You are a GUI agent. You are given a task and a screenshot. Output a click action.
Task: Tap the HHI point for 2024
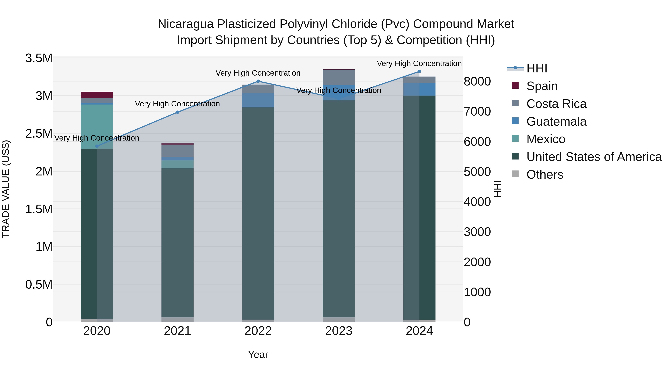point(419,71)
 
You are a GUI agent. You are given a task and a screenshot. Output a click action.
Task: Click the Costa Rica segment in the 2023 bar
point(339,77)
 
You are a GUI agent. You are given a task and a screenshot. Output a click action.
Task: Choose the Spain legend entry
point(542,86)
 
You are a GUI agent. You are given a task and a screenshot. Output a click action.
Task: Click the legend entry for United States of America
point(594,157)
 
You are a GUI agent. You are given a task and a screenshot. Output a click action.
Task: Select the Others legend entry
point(545,175)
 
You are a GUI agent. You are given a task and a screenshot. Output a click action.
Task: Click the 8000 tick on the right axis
point(477,81)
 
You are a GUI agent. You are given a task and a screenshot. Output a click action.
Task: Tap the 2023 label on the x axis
point(339,331)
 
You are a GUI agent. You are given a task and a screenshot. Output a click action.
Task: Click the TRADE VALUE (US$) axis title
point(6,189)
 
